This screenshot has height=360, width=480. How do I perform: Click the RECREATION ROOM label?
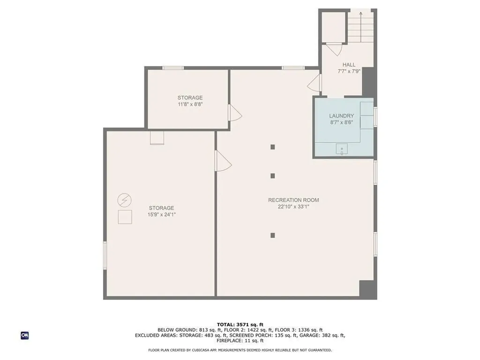[x=293, y=200]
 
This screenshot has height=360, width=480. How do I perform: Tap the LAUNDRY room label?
[x=341, y=116]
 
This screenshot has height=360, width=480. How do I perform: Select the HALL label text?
[x=349, y=65]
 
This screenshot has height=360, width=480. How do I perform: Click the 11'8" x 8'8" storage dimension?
[x=190, y=104]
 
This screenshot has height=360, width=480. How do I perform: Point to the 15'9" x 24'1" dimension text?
[x=161, y=215]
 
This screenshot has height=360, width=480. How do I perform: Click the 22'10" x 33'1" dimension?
[x=293, y=207]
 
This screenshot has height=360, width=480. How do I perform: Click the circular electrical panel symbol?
[x=124, y=201]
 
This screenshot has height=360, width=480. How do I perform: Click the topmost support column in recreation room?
[x=272, y=147]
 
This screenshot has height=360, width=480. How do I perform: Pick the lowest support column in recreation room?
[x=272, y=235]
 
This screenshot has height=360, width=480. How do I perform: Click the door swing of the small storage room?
[x=235, y=112]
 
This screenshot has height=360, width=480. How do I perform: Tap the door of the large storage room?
[x=223, y=161]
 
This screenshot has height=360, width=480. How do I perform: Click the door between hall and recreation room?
[x=314, y=82]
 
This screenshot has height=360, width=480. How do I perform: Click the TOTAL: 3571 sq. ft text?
[x=240, y=324]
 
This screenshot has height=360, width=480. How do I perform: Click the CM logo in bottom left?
[x=25, y=336]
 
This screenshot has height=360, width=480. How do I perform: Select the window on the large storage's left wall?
[x=105, y=255]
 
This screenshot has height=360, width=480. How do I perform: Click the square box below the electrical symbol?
[x=125, y=217]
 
